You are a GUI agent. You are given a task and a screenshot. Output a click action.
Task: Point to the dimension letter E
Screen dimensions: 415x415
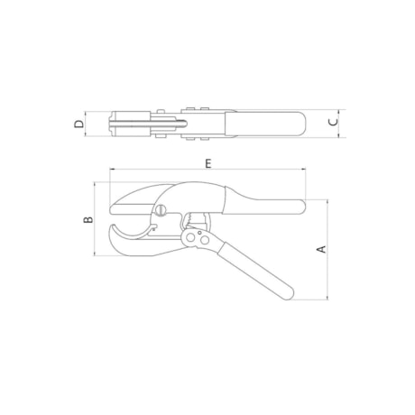pyautogui.click(x=207, y=163)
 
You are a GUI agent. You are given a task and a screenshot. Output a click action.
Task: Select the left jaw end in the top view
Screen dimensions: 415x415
pyautogui.click(x=110, y=123)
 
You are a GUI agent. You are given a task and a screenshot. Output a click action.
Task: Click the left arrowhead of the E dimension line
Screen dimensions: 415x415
pyautogui.click(x=112, y=171)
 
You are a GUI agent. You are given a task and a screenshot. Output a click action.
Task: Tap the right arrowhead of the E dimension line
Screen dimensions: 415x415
pyautogui.click(x=305, y=171)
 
